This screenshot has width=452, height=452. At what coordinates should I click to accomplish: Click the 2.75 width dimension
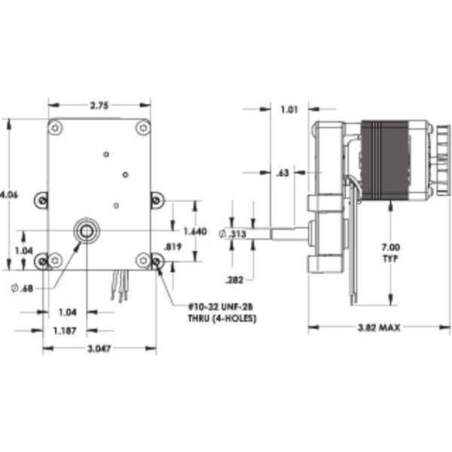pyautogui.click(x=99, y=106)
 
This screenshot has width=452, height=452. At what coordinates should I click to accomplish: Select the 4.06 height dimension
pyautogui.click(x=10, y=194)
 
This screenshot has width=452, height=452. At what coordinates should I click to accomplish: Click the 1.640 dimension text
pyautogui.click(x=194, y=231)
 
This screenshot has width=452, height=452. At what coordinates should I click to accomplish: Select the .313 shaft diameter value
pyautogui.click(x=236, y=234)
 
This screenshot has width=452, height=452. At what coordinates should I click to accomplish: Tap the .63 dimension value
pyautogui.click(x=283, y=173)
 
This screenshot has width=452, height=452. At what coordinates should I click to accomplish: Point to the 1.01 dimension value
pyautogui.click(x=289, y=110)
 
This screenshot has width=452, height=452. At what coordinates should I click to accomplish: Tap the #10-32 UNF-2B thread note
pyautogui.click(x=224, y=313)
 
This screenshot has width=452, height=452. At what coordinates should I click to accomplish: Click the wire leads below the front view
pyautogui.click(x=118, y=286)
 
